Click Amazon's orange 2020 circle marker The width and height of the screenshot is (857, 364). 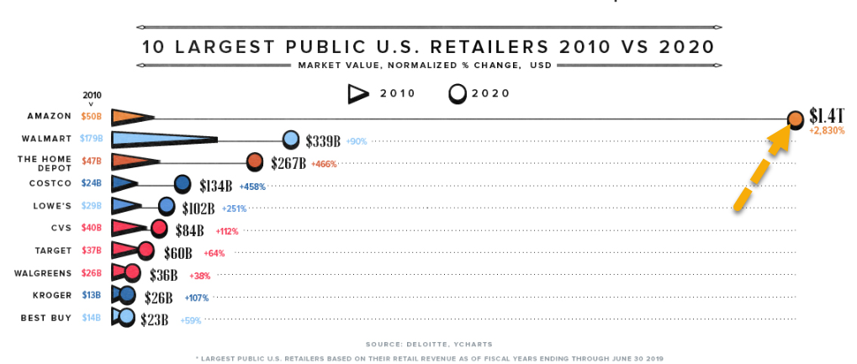796,119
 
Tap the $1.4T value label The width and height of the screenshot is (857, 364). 827,116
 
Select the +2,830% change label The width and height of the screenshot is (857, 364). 827,130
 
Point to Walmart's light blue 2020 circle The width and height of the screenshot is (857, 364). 291,140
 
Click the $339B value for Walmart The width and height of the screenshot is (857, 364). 323,141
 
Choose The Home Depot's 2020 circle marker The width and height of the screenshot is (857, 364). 255,161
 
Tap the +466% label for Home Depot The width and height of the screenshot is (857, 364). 324,163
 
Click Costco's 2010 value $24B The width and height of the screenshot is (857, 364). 92,183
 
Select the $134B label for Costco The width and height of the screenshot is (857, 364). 216,187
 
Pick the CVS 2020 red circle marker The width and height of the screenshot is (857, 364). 158,229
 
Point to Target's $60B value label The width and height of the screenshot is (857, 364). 178,253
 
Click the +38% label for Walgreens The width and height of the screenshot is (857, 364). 199,276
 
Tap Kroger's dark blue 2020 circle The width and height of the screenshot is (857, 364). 127,295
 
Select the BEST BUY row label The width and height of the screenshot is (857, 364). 46,318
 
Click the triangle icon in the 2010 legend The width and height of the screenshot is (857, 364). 358,95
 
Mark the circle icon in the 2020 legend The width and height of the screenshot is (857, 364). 458,94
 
